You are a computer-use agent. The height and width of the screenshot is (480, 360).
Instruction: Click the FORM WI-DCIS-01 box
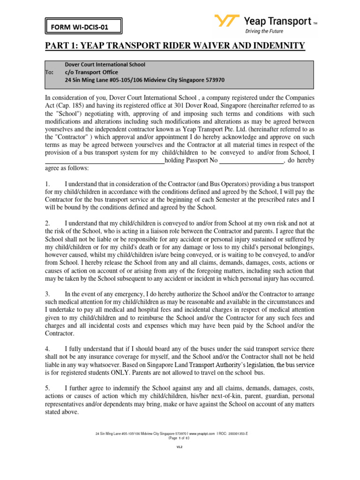point(83,27)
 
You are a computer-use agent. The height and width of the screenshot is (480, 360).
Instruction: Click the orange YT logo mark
point(227,22)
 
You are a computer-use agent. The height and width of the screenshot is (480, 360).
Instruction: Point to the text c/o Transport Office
point(91,72)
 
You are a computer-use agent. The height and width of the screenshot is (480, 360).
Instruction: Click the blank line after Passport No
point(252,161)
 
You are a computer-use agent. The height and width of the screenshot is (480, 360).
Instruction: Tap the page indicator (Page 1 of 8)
point(179,438)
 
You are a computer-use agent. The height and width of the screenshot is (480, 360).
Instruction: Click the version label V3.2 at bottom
point(179,447)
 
